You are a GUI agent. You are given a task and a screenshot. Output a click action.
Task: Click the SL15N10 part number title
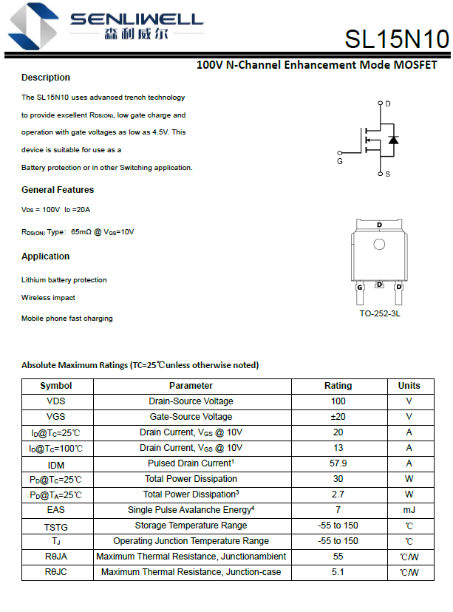click(x=396, y=39)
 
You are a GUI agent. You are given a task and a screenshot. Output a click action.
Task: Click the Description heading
click(x=46, y=78)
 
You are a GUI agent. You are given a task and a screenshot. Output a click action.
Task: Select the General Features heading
click(x=58, y=190)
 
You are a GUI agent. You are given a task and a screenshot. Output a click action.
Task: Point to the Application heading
click(x=46, y=256)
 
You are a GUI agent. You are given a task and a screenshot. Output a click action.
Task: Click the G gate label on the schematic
click(x=340, y=160)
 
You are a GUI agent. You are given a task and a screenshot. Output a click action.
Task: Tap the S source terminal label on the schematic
click(x=387, y=174)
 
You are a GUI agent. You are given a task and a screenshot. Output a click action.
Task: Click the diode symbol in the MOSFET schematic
click(x=393, y=139)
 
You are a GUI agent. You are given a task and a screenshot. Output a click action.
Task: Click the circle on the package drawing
click(x=379, y=245)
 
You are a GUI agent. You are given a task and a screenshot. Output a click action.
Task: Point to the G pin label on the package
click(x=360, y=287)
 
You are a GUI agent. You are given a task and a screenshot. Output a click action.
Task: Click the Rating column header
click(x=338, y=386)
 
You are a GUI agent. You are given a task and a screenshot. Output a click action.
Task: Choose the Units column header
click(x=409, y=386)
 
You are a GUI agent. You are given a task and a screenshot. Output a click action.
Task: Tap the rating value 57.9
click(x=338, y=463)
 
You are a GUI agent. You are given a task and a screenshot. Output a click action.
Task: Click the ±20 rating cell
click(x=338, y=417)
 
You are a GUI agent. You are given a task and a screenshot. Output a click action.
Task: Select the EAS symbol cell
click(x=56, y=510)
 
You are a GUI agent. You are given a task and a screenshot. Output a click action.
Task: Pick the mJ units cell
click(x=409, y=510)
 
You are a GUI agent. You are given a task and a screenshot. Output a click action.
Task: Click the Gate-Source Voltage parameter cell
click(x=191, y=417)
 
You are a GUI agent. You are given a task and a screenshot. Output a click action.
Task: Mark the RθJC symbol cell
click(x=56, y=572)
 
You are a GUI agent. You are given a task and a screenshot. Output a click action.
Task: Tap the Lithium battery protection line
click(x=64, y=280)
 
